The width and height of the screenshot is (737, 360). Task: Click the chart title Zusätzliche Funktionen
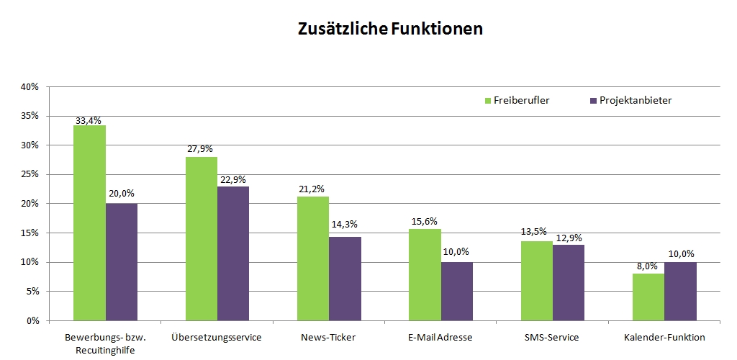390,30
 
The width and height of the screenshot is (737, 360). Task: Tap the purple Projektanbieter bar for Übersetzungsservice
233,253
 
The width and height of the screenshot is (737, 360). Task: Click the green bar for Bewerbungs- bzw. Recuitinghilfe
89,222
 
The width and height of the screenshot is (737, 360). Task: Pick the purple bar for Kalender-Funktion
680,291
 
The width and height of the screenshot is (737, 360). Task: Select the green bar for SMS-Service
537,280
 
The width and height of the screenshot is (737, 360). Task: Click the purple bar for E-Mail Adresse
457,291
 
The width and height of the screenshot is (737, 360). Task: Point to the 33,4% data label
89,120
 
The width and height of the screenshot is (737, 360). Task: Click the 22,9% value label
233,181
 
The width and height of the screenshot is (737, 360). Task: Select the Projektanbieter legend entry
630,100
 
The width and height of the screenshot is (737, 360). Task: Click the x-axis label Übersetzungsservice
217,337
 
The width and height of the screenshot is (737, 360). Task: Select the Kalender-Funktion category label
664,337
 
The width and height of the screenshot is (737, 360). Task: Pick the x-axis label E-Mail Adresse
440,337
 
